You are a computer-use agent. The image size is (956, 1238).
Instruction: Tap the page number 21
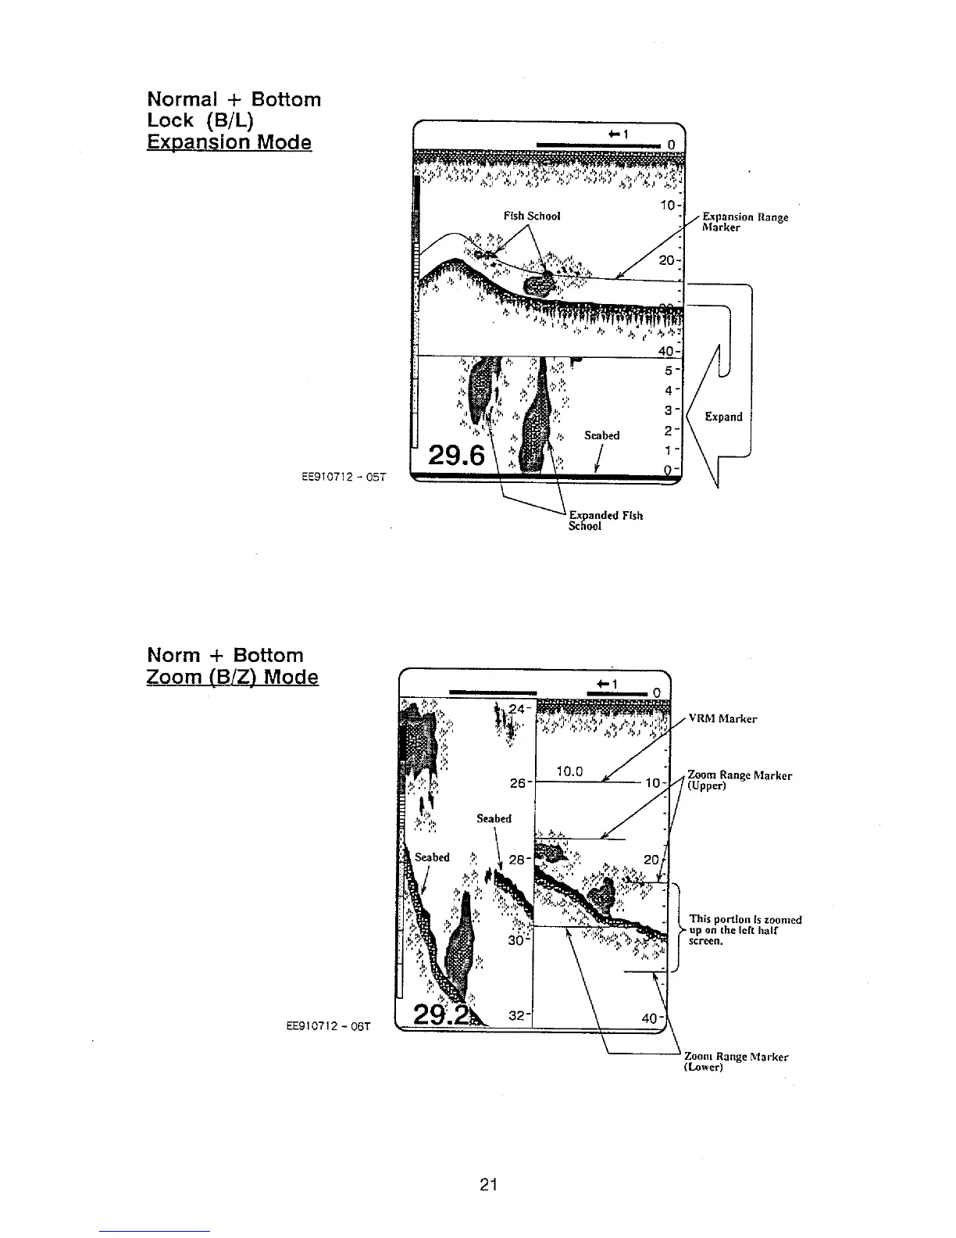[x=488, y=1185]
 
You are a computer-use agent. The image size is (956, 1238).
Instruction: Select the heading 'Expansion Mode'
[x=229, y=142]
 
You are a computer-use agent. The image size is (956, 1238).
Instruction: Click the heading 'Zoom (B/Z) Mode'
[x=232, y=676]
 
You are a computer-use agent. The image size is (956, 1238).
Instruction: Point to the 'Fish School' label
[x=532, y=216]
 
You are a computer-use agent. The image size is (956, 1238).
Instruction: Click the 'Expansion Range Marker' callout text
[x=744, y=222]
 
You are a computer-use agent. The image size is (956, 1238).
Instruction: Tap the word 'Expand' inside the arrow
[x=723, y=417]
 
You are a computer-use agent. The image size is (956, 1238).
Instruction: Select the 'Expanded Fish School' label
[x=605, y=521]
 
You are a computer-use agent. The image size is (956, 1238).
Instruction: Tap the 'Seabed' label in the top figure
[x=601, y=435]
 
